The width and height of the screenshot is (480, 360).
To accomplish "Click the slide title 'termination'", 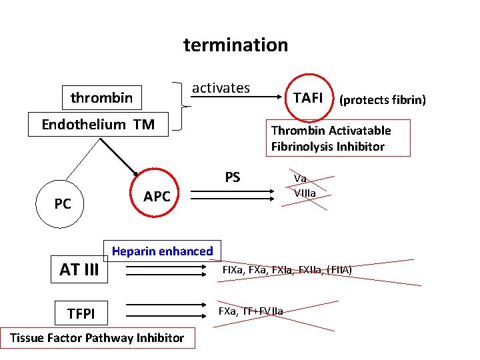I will tap(235, 45).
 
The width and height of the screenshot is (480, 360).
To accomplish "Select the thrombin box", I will tap(101, 98).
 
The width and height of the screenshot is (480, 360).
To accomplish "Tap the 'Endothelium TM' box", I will tap(98, 125).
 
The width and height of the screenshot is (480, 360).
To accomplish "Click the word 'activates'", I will tap(221, 88).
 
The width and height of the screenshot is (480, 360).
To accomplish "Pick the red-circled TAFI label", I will tap(308, 98).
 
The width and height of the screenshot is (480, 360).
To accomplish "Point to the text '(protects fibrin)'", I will tap(382, 100).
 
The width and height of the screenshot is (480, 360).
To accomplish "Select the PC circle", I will tap(63, 203).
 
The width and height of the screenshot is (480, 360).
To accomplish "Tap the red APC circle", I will tap(157, 196).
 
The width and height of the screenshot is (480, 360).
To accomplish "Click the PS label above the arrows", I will tap(233, 177).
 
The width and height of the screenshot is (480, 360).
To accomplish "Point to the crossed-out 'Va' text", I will tap(300, 179).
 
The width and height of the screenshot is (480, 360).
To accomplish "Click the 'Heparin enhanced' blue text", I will tap(162, 251).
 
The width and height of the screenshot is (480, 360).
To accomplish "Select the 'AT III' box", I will tap(79, 270).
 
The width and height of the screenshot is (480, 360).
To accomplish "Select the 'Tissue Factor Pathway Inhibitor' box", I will tap(97, 338).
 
